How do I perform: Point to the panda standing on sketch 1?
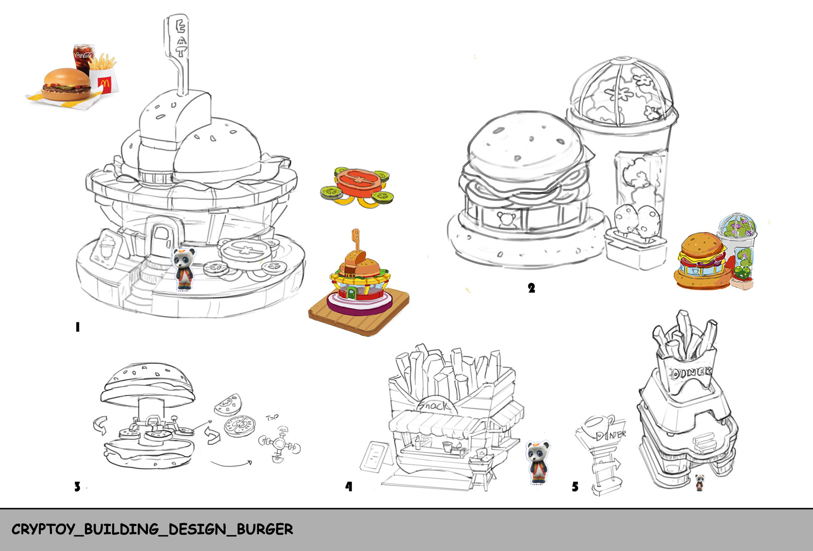183,268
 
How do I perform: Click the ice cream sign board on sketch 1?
107,249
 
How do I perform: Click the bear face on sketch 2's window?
506,219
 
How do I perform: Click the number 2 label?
531,288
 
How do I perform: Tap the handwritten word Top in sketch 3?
272,417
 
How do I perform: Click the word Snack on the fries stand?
434,405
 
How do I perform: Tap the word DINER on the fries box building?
690,372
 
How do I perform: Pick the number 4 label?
349,486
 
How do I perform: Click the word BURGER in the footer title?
265,529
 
